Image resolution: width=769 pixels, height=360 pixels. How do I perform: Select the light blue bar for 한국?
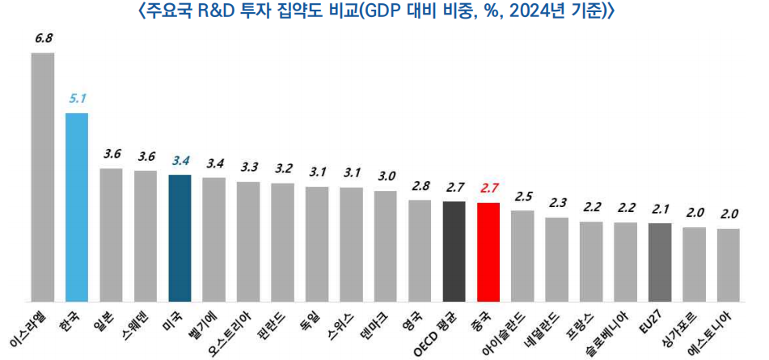[77, 206]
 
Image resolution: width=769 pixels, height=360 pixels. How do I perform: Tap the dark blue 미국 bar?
[180, 237]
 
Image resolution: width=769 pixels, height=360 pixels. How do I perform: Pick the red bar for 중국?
[488, 251]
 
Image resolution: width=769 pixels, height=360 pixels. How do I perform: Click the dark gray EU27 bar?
[660, 261]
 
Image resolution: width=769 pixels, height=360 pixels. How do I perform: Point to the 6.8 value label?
[43, 38]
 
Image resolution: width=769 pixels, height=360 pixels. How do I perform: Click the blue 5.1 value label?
[78, 99]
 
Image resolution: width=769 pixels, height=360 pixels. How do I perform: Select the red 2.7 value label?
[489, 188]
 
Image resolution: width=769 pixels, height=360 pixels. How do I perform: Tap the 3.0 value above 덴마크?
[386, 176]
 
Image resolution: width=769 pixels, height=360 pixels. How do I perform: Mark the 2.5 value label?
[523, 196]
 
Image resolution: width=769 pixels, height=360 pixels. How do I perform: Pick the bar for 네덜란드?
[557, 258]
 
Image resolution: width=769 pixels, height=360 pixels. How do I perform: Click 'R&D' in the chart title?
[216, 11]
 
